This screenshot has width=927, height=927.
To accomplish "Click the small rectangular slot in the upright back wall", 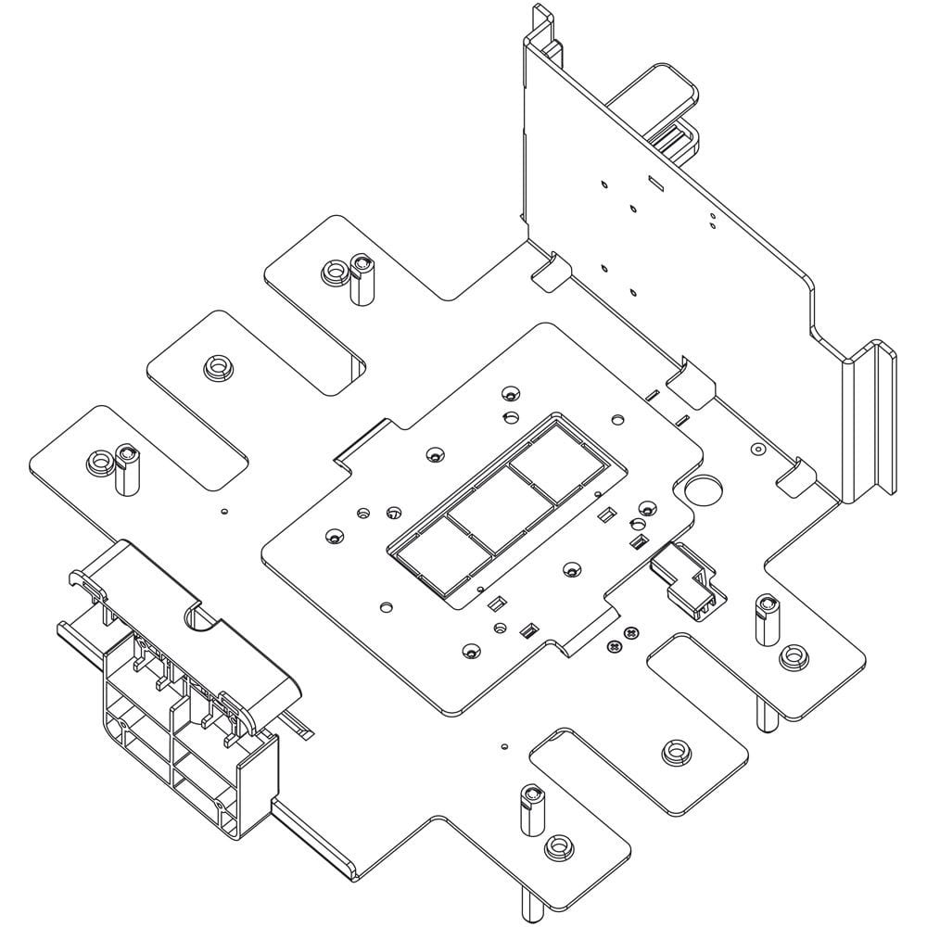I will click(x=655, y=182).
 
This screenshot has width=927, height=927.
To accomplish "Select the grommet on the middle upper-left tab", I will click(x=217, y=367).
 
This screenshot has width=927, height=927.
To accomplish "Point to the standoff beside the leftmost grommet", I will click(x=124, y=472).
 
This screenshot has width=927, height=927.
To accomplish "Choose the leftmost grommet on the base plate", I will click(x=97, y=461).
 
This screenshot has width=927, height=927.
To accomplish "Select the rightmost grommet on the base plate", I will click(x=793, y=657).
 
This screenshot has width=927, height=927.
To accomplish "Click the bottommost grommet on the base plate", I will click(x=556, y=845).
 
